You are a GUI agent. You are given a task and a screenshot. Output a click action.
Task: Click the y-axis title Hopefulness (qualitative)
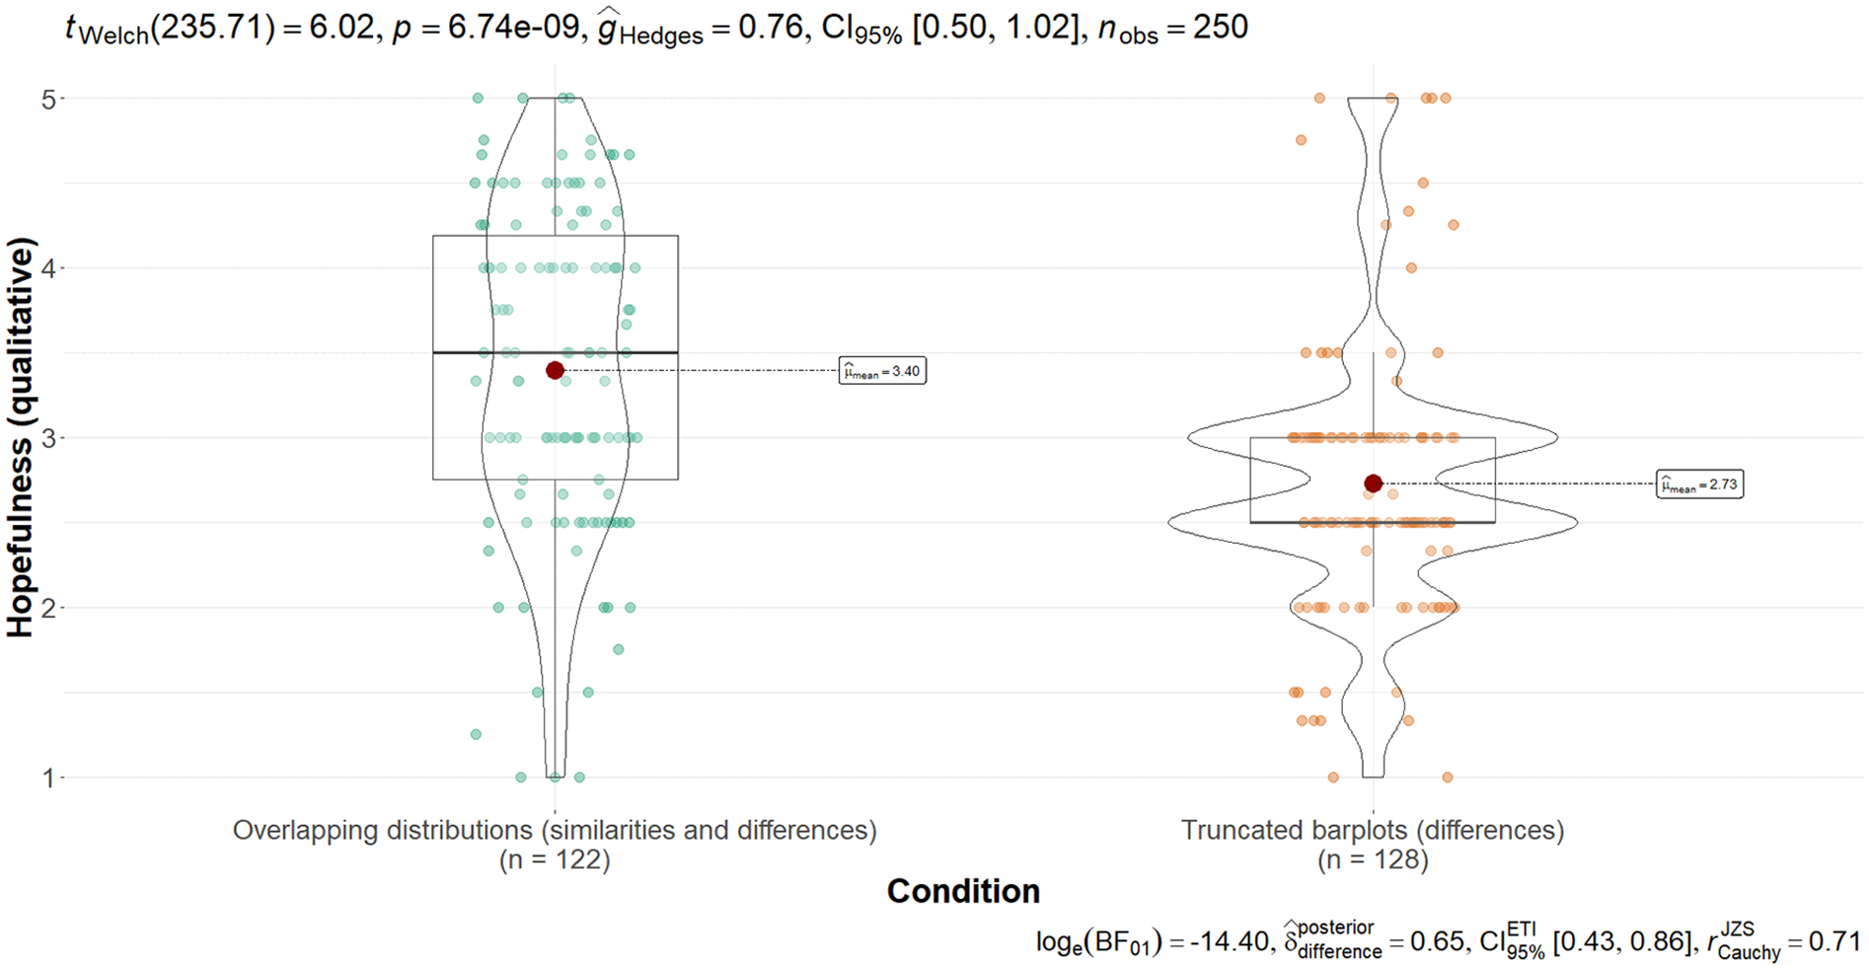pos(21,438)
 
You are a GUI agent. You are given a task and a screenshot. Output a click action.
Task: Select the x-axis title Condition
pos(963,891)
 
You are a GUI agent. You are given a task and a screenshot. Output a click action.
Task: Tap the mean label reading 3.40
pos(882,371)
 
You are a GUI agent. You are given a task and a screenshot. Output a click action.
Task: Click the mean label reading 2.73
pos(1700,484)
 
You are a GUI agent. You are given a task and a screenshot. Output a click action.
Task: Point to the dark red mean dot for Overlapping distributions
pos(555,370)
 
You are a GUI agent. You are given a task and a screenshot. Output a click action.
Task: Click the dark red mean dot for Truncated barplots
pos(1374,484)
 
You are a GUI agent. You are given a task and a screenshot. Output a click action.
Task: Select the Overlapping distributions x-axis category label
pos(555,831)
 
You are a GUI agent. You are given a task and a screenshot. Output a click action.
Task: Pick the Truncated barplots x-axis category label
pos(1374,831)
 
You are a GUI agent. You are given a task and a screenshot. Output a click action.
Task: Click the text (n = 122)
pos(555,860)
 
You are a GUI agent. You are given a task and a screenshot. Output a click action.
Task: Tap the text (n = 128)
pos(1374,860)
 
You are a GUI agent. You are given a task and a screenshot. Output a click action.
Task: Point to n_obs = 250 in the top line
pos(1172,28)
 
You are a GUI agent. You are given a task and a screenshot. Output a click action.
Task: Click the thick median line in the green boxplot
pos(556,352)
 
